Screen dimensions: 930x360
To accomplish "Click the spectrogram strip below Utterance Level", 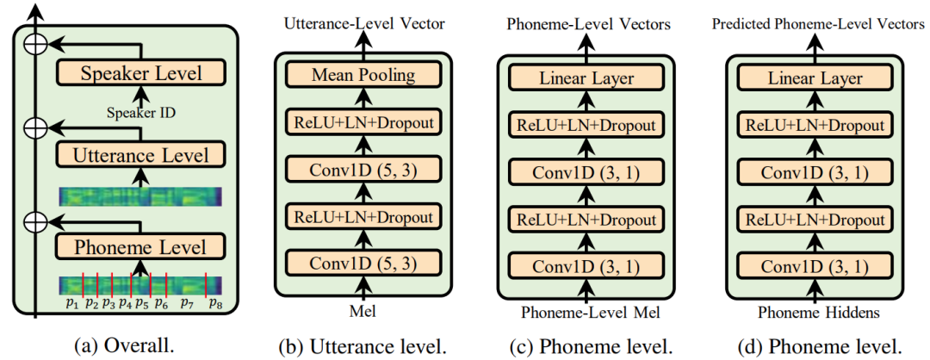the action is (140, 196).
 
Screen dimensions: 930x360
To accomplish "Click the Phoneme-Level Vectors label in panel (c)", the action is (588, 24).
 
